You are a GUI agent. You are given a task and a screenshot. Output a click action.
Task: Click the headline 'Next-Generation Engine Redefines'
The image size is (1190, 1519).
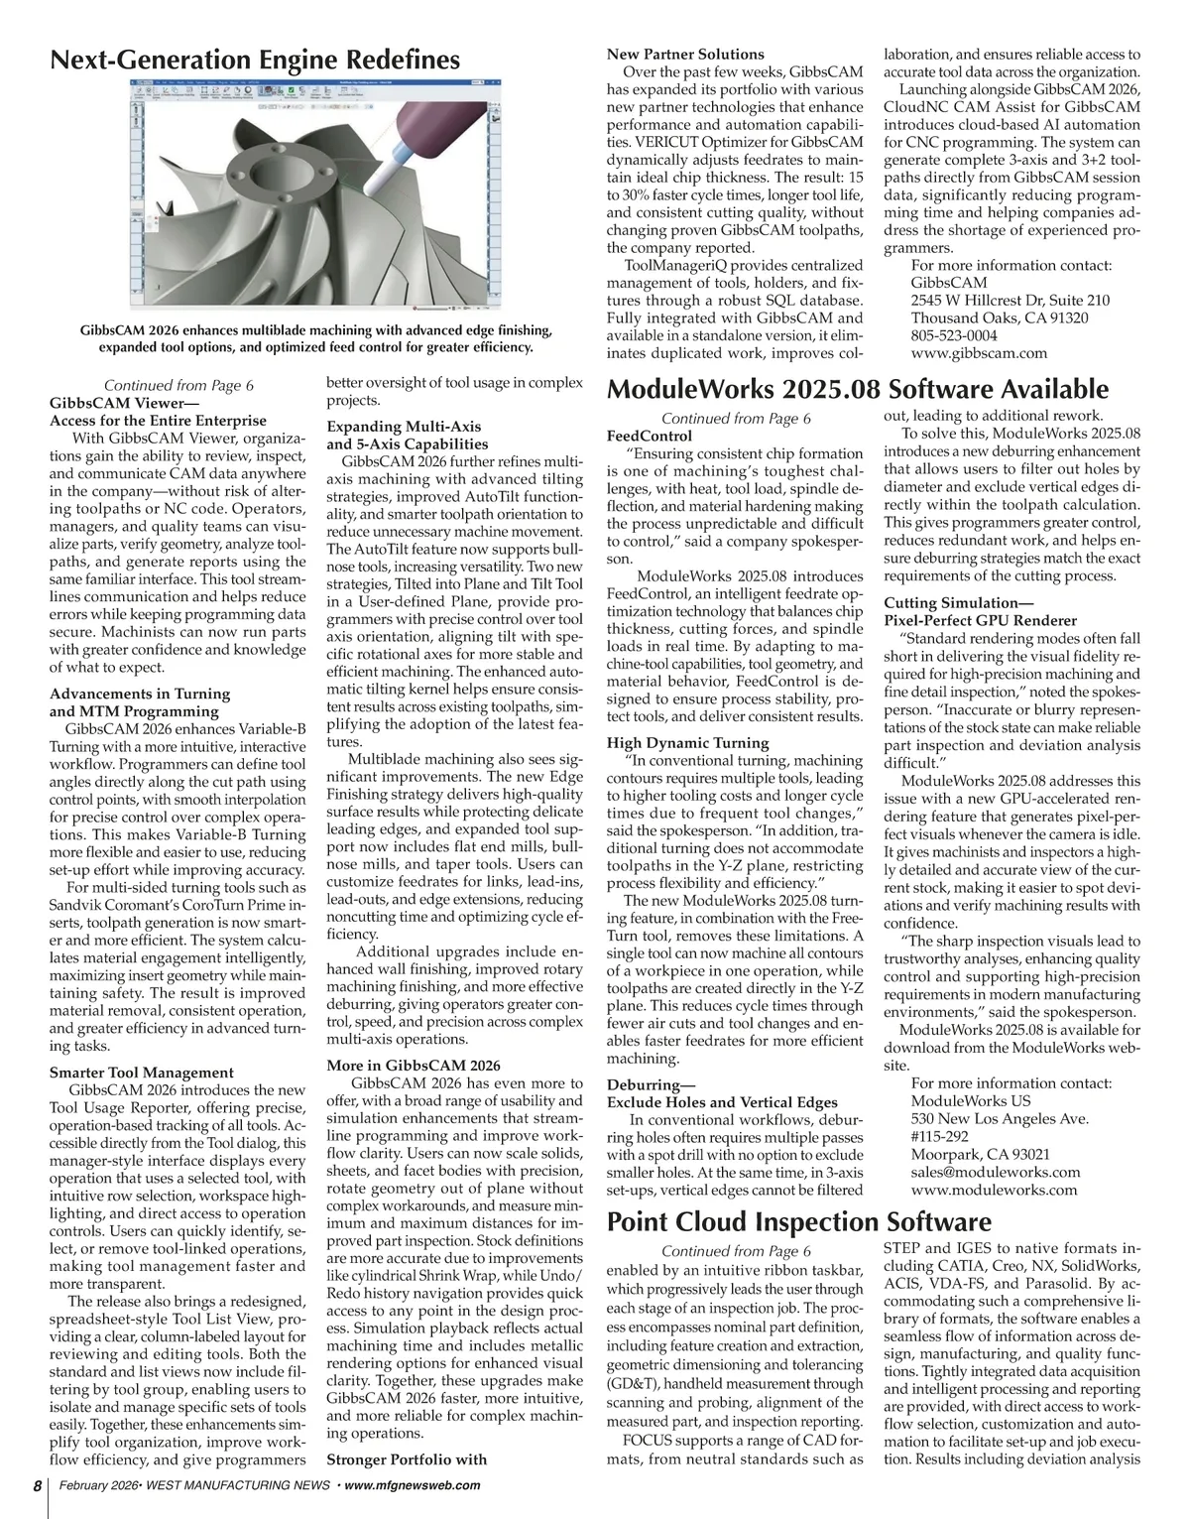coord(255,60)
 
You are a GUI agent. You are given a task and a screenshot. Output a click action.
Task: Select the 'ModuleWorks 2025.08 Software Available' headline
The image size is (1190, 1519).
coord(857,389)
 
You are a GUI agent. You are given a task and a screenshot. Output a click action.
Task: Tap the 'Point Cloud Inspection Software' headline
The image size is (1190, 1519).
coord(798,1221)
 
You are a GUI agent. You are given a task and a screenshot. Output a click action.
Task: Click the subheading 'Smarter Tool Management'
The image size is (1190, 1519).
coord(142,1073)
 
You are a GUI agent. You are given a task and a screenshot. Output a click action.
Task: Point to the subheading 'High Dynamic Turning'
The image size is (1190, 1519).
coord(687,743)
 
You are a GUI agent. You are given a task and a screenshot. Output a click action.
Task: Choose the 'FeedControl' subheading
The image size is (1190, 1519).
coord(650,436)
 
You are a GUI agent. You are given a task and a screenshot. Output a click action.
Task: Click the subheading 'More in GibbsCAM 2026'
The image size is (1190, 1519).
coord(414,1066)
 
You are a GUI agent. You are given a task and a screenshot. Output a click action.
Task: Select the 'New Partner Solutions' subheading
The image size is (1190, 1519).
coord(685,55)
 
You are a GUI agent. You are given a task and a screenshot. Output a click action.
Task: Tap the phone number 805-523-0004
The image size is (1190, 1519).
coord(954,335)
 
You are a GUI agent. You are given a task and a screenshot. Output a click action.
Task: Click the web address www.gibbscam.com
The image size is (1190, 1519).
coord(979,353)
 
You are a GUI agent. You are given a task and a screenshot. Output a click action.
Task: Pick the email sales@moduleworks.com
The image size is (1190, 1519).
coord(996,1172)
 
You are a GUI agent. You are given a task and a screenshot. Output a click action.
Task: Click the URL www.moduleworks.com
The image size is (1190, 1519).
coord(994,1190)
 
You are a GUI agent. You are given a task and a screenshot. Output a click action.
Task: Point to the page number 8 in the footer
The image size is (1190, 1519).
coord(36,1485)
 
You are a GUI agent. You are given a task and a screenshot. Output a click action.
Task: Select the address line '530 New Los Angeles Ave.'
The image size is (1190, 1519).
coord(1000,1118)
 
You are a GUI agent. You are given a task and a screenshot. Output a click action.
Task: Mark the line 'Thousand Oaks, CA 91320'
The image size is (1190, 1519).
coord(999,318)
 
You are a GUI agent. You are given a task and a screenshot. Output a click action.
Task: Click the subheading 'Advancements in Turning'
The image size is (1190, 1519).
coord(140,694)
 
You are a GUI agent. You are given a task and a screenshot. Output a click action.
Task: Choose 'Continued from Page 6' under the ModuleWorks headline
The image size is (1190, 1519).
coord(736,419)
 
